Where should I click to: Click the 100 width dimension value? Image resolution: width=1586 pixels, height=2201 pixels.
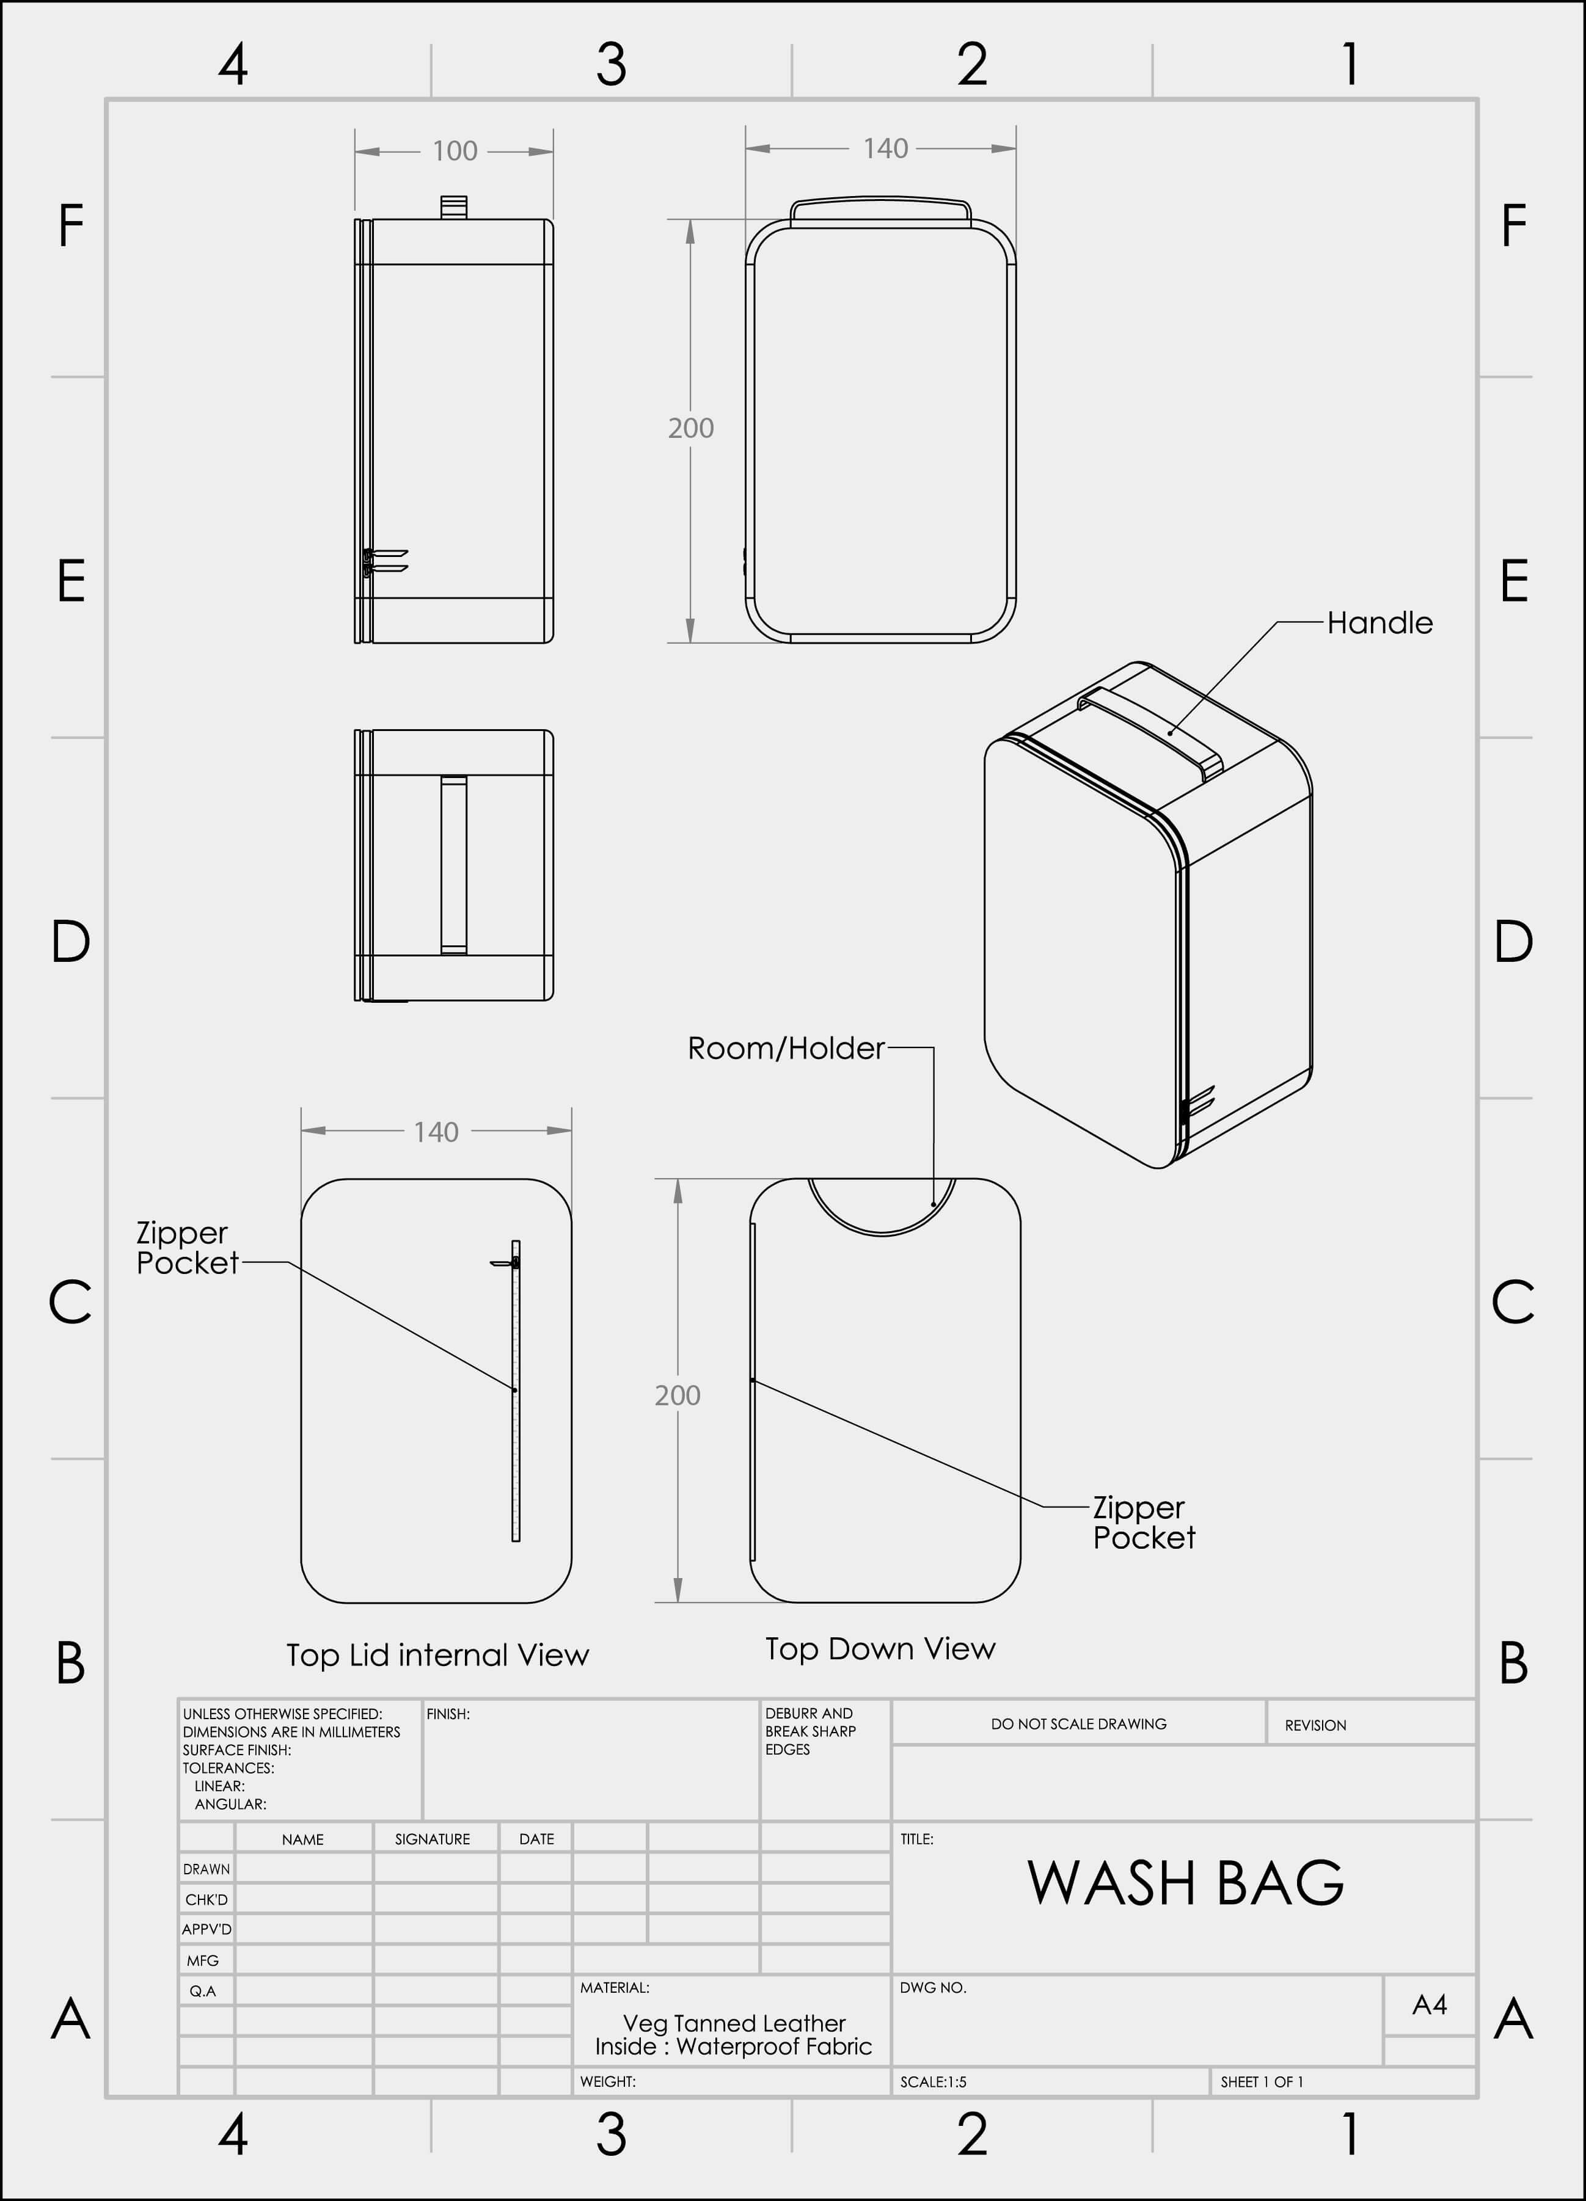pyautogui.click(x=455, y=151)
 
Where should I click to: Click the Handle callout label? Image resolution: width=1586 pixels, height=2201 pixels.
pyautogui.click(x=1380, y=623)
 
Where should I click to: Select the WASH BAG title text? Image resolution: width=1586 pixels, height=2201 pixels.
pyautogui.click(x=1185, y=1883)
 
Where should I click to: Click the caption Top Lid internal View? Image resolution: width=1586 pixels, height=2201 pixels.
pyautogui.click(x=438, y=1654)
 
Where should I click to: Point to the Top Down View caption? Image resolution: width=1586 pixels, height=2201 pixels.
pyautogui.click(x=880, y=1649)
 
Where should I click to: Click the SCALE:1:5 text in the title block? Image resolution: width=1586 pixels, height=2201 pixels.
pyautogui.click(x=933, y=2082)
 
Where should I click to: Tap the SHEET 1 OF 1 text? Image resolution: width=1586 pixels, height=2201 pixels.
pyautogui.click(x=1262, y=2082)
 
